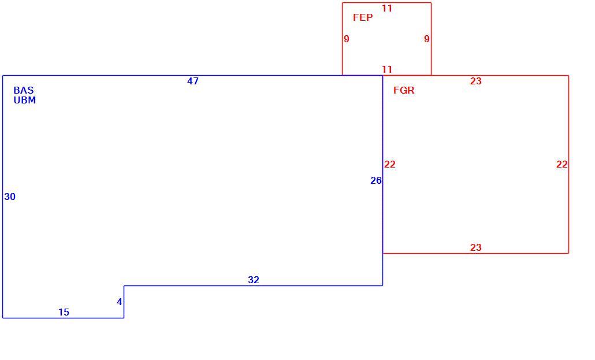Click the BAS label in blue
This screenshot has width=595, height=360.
click(x=24, y=90)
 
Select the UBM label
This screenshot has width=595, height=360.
click(x=25, y=100)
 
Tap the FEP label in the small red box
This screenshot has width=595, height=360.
click(x=363, y=17)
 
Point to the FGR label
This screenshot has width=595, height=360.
click(x=404, y=90)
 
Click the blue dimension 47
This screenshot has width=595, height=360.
click(x=193, y=81)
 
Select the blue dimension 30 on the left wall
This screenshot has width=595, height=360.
click(x=10, y=196)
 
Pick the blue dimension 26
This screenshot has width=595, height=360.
click(x=375, y=181)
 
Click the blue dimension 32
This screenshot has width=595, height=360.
click(x=254, y=280)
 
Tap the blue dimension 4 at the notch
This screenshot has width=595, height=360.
click(x=120, y=302)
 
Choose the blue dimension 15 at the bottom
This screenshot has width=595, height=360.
click(x=64, y=312)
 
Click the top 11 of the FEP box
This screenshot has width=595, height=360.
click(x=386, y=8)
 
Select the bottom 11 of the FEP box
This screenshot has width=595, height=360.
click(x=386, y=69)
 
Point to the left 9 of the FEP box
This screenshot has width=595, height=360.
click(x=347, y=39)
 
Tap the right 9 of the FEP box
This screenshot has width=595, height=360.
click(x=427, y=39)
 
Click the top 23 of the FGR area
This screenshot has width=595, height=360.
click(x=476, y=81)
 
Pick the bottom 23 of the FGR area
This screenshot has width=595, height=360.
click(x=476, y=247)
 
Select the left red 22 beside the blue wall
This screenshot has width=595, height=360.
click(x=390, y=165)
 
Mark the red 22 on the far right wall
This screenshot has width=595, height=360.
click(x=562, y=165)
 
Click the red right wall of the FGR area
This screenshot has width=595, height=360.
click(x=568, y=165)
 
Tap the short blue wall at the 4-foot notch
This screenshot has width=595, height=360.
click(x=124, y=302)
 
